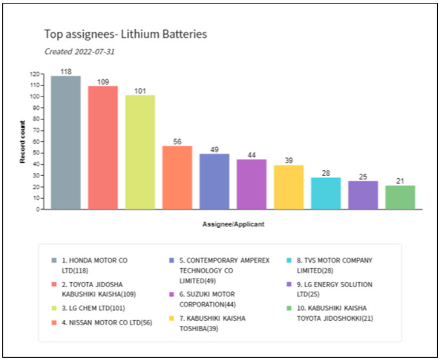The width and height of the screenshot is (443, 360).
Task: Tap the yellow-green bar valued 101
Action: click(x=140, y=152)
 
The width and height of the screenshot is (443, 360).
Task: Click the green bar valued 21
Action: click(x=400, y=197)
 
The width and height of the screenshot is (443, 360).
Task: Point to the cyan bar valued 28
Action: click(x=326, y=193)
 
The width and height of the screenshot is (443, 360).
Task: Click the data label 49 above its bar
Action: click(x=214, y=149)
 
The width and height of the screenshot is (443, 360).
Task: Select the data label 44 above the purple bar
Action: click(x=251, y=155)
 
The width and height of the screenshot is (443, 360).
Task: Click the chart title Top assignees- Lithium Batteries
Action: click(x=126, y=35)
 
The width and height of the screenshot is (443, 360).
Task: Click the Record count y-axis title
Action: click(x=22, y=142)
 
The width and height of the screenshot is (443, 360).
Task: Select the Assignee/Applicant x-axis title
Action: click(x=233, y=224)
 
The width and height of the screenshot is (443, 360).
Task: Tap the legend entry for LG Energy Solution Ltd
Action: click(x=335, y=289)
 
